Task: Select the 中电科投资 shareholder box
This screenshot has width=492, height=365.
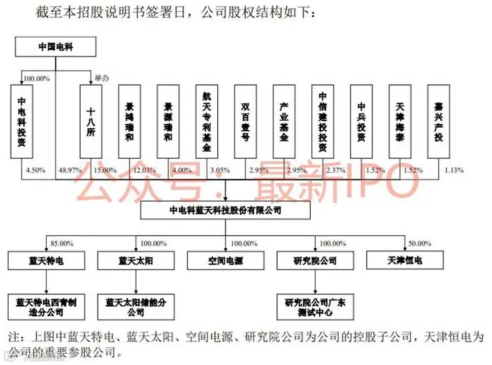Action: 21,122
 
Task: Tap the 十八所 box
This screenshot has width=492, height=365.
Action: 91,122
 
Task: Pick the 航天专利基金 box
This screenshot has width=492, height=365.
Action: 207,122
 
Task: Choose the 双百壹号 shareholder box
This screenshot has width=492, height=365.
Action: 245,122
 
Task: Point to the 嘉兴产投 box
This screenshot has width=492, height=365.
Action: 438,122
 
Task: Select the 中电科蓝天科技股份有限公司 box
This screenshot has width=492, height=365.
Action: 225,210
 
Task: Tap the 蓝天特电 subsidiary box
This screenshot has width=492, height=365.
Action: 46,261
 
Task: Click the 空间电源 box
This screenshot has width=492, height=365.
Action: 225,261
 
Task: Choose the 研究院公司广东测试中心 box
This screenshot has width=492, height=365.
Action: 315,307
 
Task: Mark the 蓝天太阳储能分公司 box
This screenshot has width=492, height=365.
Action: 136,307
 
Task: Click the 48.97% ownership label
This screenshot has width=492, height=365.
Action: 70,170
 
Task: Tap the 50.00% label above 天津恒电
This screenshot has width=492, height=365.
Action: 420,243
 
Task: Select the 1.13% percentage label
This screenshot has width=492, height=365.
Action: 453,170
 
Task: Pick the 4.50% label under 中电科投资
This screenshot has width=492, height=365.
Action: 35,170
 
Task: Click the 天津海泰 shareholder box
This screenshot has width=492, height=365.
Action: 400,122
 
